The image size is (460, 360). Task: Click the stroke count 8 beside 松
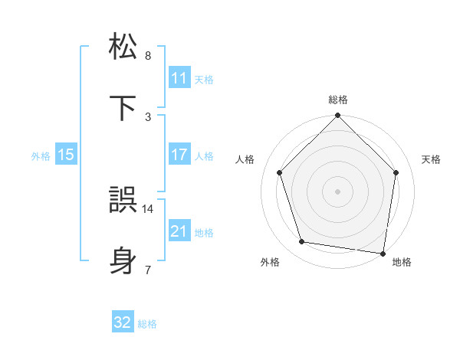pos(148,56)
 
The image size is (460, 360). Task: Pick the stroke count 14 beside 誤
pos(148,208)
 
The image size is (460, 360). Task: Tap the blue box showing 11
pos(179,78)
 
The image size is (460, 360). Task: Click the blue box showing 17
pos(179,155)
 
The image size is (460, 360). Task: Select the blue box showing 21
pos(179,231)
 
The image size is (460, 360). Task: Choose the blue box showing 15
pos(66,155)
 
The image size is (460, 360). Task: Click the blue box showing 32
pos(123,322)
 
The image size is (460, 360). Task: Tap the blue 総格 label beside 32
pos(147,324)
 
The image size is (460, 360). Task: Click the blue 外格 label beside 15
pos(41,155)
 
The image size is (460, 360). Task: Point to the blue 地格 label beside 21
pos(204,232)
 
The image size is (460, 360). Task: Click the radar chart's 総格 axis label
pos(338,100)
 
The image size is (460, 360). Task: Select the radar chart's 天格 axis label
pos(432,159)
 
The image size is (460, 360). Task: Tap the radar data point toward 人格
pos(280,172)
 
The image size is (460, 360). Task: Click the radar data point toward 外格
pos(302,242)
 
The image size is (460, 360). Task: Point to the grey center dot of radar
pos(338,191)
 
